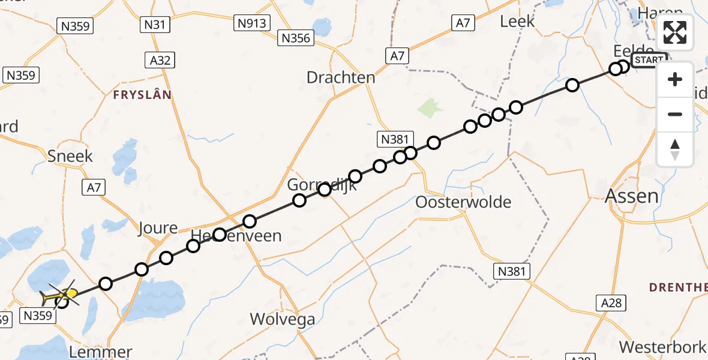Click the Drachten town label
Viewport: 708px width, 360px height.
341,77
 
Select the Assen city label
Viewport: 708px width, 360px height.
631,196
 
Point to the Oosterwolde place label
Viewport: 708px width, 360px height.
463,202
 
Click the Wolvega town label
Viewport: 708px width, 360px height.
283,319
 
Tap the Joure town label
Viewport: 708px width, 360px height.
158,228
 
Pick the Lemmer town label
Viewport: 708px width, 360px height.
101,352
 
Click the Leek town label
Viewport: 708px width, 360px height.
517,22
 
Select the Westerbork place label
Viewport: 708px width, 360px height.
662,347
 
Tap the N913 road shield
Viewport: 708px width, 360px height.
252,23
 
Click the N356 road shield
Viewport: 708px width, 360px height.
296,38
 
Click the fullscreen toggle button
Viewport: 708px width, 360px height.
675,32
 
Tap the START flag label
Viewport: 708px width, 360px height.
649,60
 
